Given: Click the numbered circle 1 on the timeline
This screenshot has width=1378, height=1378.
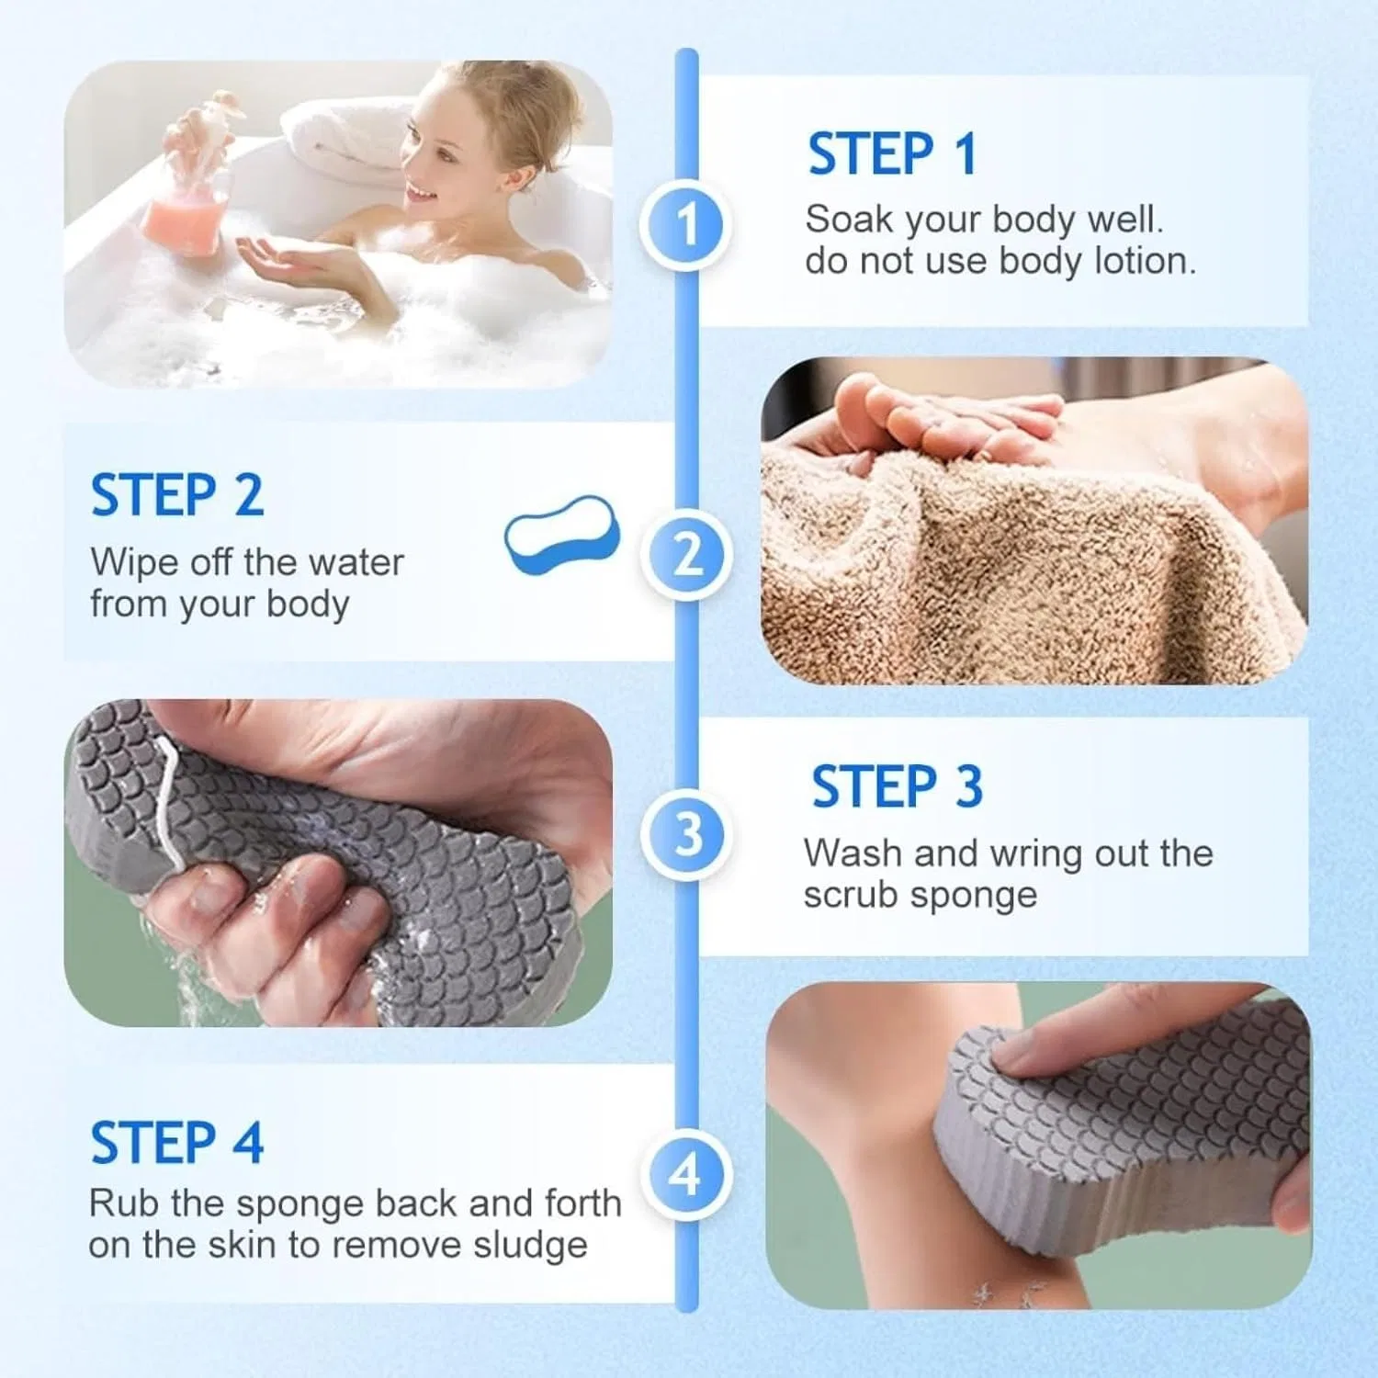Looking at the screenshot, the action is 686,225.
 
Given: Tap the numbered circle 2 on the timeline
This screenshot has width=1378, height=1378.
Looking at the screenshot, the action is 686,556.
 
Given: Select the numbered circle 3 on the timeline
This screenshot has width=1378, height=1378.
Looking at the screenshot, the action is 686,835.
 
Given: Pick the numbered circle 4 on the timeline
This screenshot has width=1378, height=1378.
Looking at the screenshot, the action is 686,1175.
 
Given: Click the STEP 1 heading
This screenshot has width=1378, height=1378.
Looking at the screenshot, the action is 892,153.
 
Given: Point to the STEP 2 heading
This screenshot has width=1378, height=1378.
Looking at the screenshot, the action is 176,495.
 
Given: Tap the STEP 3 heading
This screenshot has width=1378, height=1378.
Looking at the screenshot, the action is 897,786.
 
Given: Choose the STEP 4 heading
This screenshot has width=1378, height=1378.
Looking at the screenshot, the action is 176,1143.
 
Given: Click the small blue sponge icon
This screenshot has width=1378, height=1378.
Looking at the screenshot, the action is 562,534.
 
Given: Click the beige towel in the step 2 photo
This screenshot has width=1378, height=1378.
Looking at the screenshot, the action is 1020,570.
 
